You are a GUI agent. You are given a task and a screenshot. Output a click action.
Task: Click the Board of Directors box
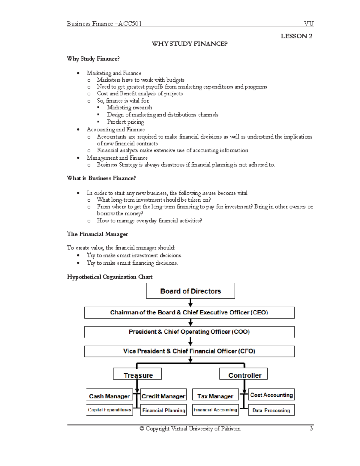click(x=190, y=291)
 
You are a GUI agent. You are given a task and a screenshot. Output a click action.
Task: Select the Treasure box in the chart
click(x=137, y=374)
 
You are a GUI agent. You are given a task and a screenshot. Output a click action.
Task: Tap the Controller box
click(x=244, y=374)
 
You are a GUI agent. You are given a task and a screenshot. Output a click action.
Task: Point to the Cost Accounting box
click(x=271, y=395)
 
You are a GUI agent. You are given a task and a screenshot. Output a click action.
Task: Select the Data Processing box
click(x=271, y=410)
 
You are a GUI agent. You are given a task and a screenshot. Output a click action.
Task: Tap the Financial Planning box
click(x=163, y=410)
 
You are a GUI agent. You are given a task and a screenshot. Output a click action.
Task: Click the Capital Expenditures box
click(x=109, y=410)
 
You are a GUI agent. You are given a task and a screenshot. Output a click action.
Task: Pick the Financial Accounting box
click(x=215, y=410)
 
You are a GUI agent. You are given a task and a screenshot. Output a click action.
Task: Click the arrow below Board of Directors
click(x=190, y=303)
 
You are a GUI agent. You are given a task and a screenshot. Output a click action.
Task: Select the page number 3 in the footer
click(x=311, y=428)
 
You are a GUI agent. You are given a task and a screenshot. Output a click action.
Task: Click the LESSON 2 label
click(x=296, y=36)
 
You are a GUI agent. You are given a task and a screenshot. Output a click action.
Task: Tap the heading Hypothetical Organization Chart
click(x=109, y=277)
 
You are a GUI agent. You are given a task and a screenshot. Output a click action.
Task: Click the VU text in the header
click(x=308, y=24)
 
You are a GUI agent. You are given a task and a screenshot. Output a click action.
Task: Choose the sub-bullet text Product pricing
click(x=125, y=122)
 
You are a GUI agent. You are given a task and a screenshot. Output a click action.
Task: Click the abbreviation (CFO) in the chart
click(x=247, y=351)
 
